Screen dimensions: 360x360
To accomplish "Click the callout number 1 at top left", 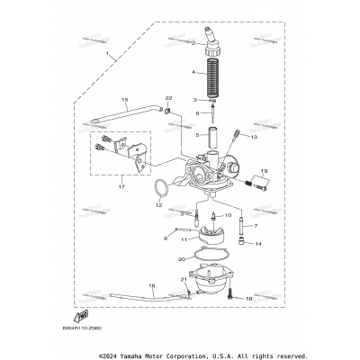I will point(109,55).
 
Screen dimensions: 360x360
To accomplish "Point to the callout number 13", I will point(255,138).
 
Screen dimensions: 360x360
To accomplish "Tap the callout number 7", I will point(255,226).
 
